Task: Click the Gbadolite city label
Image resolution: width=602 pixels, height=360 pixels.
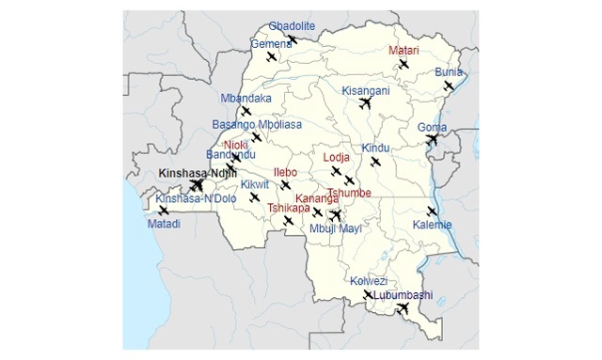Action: [x=292, y=25]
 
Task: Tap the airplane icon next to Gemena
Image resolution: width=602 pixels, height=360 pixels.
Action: [x=272, y=57]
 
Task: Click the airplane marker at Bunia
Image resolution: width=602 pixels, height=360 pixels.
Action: [x=450, y=86]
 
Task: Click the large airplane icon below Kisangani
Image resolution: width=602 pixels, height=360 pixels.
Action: [x=366, y=103]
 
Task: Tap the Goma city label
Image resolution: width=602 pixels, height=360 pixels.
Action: [x=432, y=127]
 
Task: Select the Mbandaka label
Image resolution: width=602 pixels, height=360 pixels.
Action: [x=246, y=98]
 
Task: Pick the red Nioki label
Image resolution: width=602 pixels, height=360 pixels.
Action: [x=235, y=145]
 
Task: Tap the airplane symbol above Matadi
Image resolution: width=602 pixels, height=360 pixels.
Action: [x=164, y=211]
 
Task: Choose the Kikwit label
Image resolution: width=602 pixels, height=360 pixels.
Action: [x=254, y=184]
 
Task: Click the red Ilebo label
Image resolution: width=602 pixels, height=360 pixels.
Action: [x=284, y=172]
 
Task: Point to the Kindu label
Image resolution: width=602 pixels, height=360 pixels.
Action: [x=375, y=149]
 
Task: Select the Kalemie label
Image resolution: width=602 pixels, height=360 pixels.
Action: [x=432, y=225]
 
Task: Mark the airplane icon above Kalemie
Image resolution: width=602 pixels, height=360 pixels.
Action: [x=432, y=211]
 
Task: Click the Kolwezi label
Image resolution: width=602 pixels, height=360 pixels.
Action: [x=369, y=281]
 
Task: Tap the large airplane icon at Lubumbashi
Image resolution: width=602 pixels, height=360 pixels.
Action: [x=404, y=307]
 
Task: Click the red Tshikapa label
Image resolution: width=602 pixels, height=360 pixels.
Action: [x=287, y=208]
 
